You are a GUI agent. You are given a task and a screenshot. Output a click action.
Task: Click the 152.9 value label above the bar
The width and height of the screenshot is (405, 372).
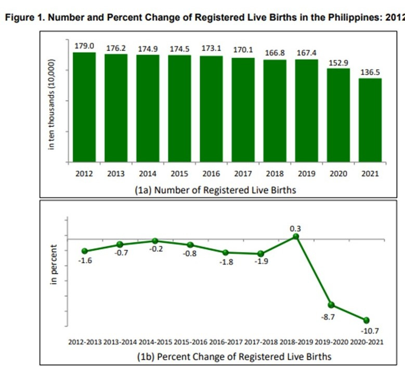[338, 63]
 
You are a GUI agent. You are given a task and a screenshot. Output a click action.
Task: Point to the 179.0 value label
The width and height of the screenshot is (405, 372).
[84, 46]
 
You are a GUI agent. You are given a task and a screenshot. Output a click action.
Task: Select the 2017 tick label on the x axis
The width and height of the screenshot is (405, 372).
[243, 174]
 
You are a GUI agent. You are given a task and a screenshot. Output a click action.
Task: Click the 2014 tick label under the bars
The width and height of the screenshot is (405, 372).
[148, 174]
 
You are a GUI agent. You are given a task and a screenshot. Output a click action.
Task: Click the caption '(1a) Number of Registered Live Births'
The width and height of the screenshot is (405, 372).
[215, 190]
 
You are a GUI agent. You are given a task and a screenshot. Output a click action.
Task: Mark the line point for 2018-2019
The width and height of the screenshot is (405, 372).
[296, 236]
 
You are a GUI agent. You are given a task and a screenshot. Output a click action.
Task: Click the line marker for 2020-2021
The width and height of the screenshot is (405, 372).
[366, 320]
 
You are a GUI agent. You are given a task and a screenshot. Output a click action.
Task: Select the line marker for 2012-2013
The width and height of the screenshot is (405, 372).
[85, 251]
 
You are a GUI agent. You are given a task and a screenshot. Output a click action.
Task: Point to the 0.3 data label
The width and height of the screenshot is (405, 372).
[296, 227]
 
